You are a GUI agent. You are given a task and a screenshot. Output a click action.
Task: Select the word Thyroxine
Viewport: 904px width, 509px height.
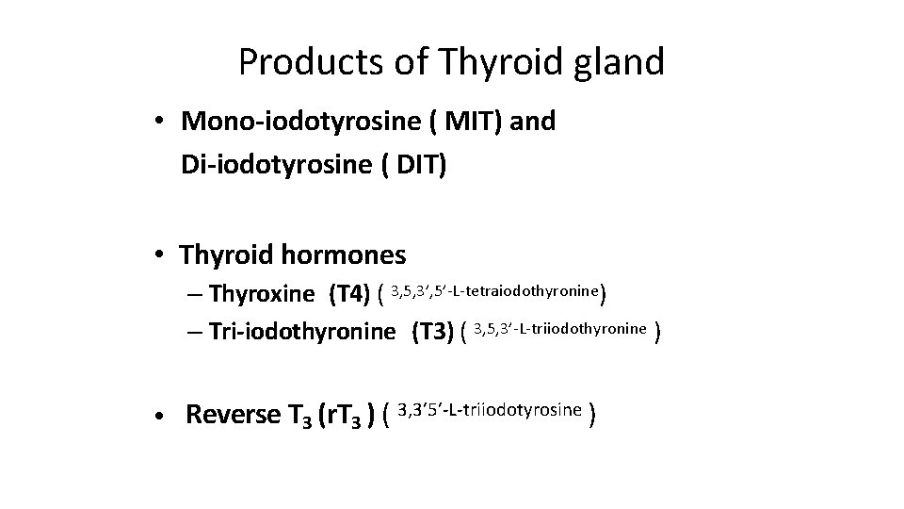click(x=263, y=294)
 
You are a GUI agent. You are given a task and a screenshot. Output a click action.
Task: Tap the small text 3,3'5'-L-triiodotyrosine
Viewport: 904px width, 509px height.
click(x=490, y=410)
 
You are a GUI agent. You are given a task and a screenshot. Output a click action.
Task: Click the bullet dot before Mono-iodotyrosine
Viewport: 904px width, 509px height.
click(x=163, y=123)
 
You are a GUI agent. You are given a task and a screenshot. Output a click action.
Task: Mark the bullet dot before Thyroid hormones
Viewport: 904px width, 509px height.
click(x=163, y=255)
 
